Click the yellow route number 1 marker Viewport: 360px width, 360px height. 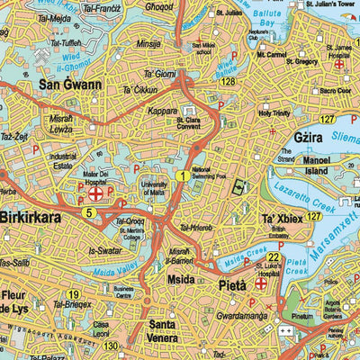coord(183,176)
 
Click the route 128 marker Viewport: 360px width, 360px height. coord(229,82)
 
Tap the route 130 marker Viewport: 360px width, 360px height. coord(110,346)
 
